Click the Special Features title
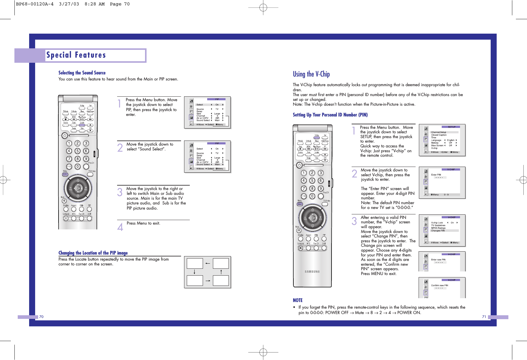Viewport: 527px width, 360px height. [76, 55]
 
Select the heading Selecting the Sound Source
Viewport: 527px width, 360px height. [82, 73]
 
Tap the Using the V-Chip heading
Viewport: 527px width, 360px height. [311, 74]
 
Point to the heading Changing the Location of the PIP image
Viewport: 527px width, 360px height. [93, 253]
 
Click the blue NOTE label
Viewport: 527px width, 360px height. [298, 300]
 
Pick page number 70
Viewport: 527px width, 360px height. [41, 317]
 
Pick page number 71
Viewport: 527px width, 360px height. [484, 317]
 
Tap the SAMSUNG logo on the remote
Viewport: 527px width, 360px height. [312, 272]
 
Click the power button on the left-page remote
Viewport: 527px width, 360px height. [65, 136]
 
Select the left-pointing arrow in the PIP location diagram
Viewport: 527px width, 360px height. [207, 263]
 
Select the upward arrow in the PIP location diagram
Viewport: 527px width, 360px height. [221, 272]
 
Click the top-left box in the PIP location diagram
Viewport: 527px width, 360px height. [195, 263]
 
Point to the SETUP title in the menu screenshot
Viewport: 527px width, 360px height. [452, 127]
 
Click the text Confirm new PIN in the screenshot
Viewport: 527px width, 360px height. [439, 286]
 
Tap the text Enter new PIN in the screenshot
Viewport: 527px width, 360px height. [438, 260]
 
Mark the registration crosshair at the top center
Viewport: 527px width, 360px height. [263, 8]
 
